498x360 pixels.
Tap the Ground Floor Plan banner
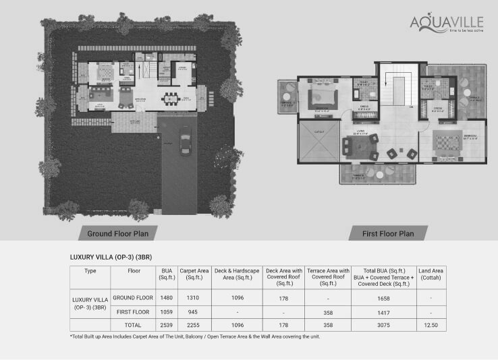(x=122, y=234)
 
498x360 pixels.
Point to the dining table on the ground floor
(x=171, y=98)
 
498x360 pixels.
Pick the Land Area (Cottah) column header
(x=430, y=273)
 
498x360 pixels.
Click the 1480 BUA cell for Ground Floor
(x=167, y=297)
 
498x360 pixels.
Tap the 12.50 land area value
(x=430, y=326)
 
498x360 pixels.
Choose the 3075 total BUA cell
(x=383, y=326)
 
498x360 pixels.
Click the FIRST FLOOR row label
(x=133, y=313)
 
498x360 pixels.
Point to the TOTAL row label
(x=133, y=326)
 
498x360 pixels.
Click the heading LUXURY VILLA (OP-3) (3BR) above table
(x=111, y=257)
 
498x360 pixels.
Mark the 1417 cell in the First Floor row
(x=383, y=313)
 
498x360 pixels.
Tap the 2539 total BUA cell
(x=167, y=326)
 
